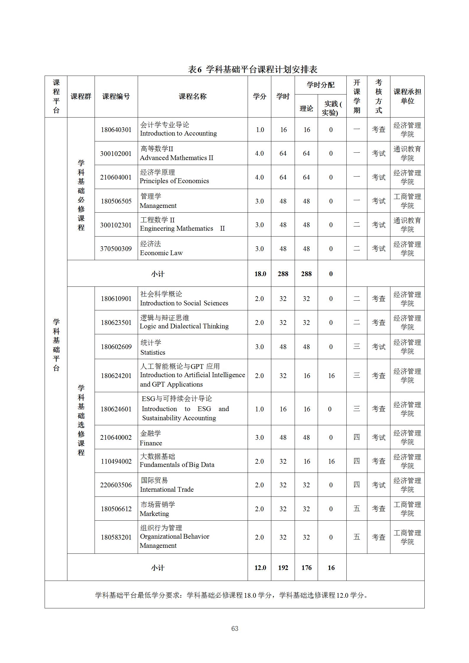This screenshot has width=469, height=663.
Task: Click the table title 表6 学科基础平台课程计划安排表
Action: coord(253,69)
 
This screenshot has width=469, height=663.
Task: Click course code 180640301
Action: coord(116,130)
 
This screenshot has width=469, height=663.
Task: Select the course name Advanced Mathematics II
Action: coord(176,158)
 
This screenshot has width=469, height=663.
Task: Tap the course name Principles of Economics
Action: coord(174,181)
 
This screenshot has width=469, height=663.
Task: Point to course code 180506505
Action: coord(116,201)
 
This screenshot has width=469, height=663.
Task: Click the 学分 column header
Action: coord(259,96)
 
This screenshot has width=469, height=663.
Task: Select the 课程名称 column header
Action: coord(193,96)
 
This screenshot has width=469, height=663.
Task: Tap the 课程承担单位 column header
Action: coord(407,96)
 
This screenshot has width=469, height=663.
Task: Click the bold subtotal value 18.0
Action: coord(260,274)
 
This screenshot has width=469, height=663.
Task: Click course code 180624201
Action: coord(116,376)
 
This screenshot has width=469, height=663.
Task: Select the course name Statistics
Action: coord(153,352)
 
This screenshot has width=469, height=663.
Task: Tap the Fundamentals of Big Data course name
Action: coord(177,465)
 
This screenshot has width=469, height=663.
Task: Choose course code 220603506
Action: coord(116,485)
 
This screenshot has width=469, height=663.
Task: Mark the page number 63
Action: coord(235,628)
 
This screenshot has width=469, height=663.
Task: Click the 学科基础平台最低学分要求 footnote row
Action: coord(232,595)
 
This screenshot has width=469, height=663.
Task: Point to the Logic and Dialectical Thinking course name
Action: coord(184,326)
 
